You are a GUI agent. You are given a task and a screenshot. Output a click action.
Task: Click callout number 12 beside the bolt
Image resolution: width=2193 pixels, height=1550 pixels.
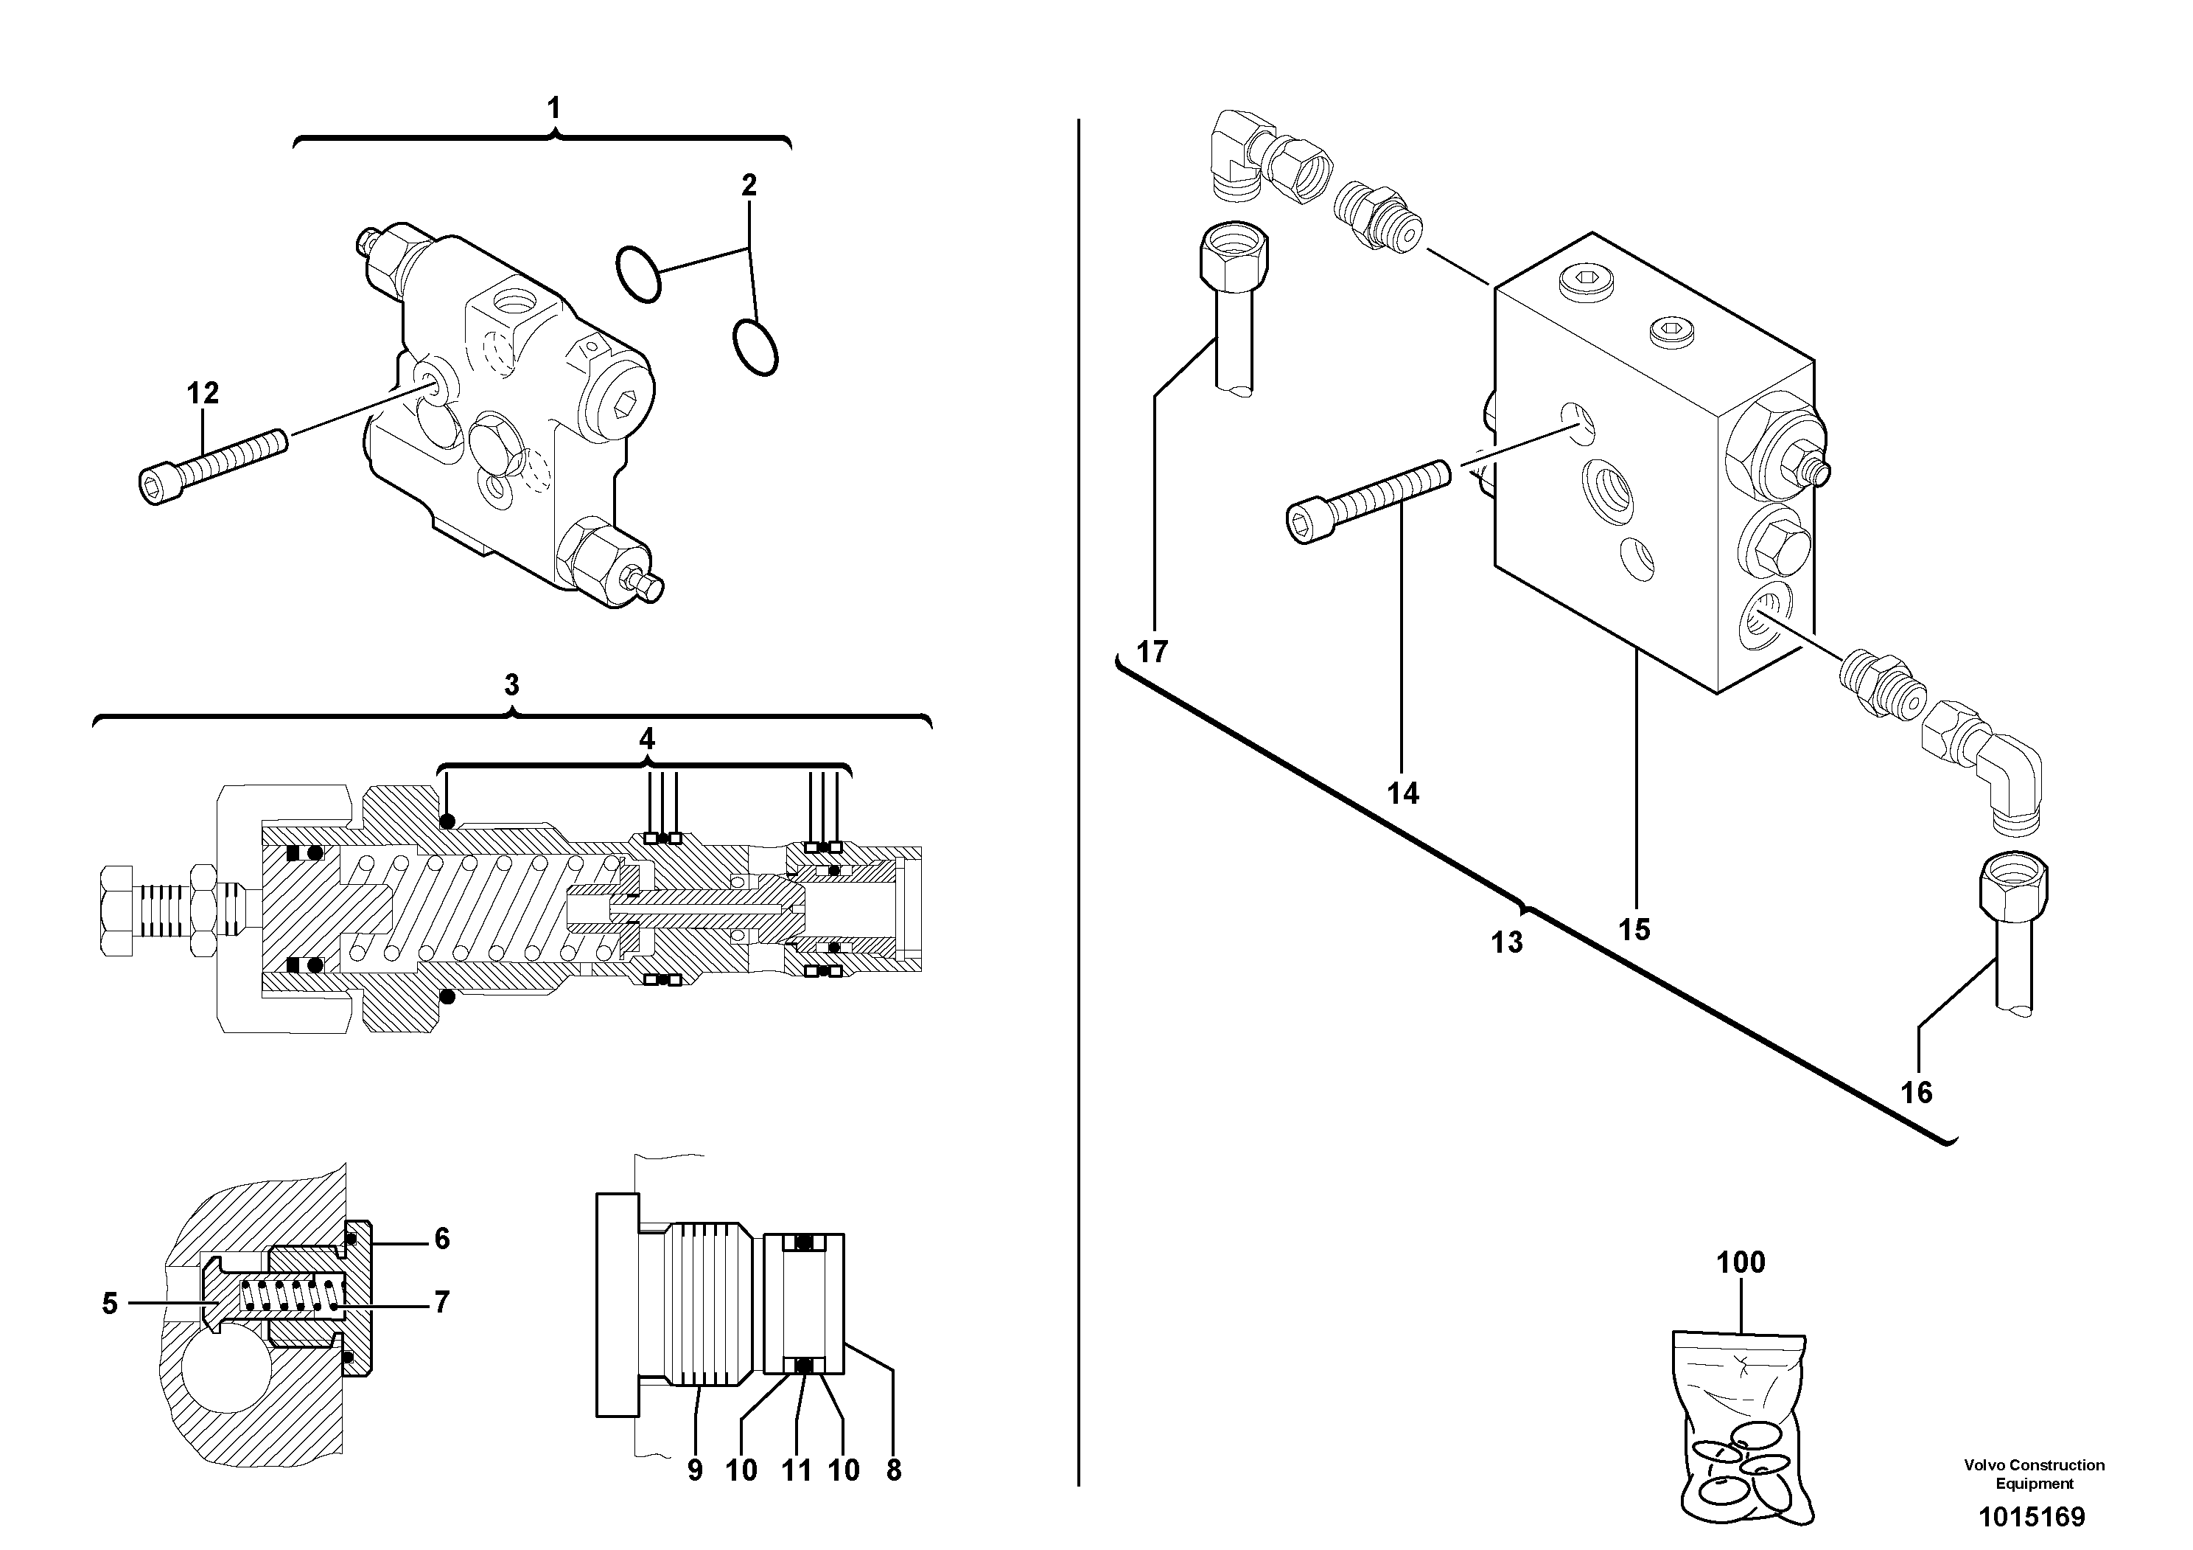click(203, 393)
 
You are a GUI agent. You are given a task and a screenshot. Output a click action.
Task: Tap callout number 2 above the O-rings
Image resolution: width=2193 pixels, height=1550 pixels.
click(749, 185)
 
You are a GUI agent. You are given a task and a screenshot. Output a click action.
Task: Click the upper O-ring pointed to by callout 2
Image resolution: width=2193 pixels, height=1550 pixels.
click(638, 274)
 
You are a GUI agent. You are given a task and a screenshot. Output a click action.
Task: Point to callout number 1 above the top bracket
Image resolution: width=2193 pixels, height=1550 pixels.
click(554, 108)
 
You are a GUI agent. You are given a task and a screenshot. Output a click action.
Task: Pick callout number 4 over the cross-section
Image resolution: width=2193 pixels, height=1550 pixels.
click(647, 739)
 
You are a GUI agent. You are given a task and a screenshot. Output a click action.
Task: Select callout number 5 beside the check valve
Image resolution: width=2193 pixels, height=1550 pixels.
click(110, 1304)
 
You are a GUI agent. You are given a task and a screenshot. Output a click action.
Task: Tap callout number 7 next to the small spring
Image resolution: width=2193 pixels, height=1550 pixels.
click(441, 1301)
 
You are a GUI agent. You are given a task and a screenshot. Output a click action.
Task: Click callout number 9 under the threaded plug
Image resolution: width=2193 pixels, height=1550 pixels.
click(694, 1470)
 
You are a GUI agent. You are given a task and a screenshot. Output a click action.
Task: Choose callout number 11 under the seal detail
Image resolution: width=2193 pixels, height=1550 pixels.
click(797, 1470)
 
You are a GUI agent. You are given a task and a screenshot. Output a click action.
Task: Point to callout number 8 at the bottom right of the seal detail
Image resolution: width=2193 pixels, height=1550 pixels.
click(893, 1470)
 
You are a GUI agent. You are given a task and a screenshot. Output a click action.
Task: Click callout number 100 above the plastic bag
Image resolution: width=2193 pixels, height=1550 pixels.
click(1741, 1262)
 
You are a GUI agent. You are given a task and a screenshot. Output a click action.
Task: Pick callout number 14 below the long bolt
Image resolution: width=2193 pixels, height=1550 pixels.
click(1403, 793)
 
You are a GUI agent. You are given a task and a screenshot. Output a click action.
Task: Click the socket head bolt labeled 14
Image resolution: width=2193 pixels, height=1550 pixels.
click(1366, 501)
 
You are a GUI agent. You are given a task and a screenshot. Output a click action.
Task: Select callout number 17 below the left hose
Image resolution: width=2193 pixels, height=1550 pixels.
click(1153, 652)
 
